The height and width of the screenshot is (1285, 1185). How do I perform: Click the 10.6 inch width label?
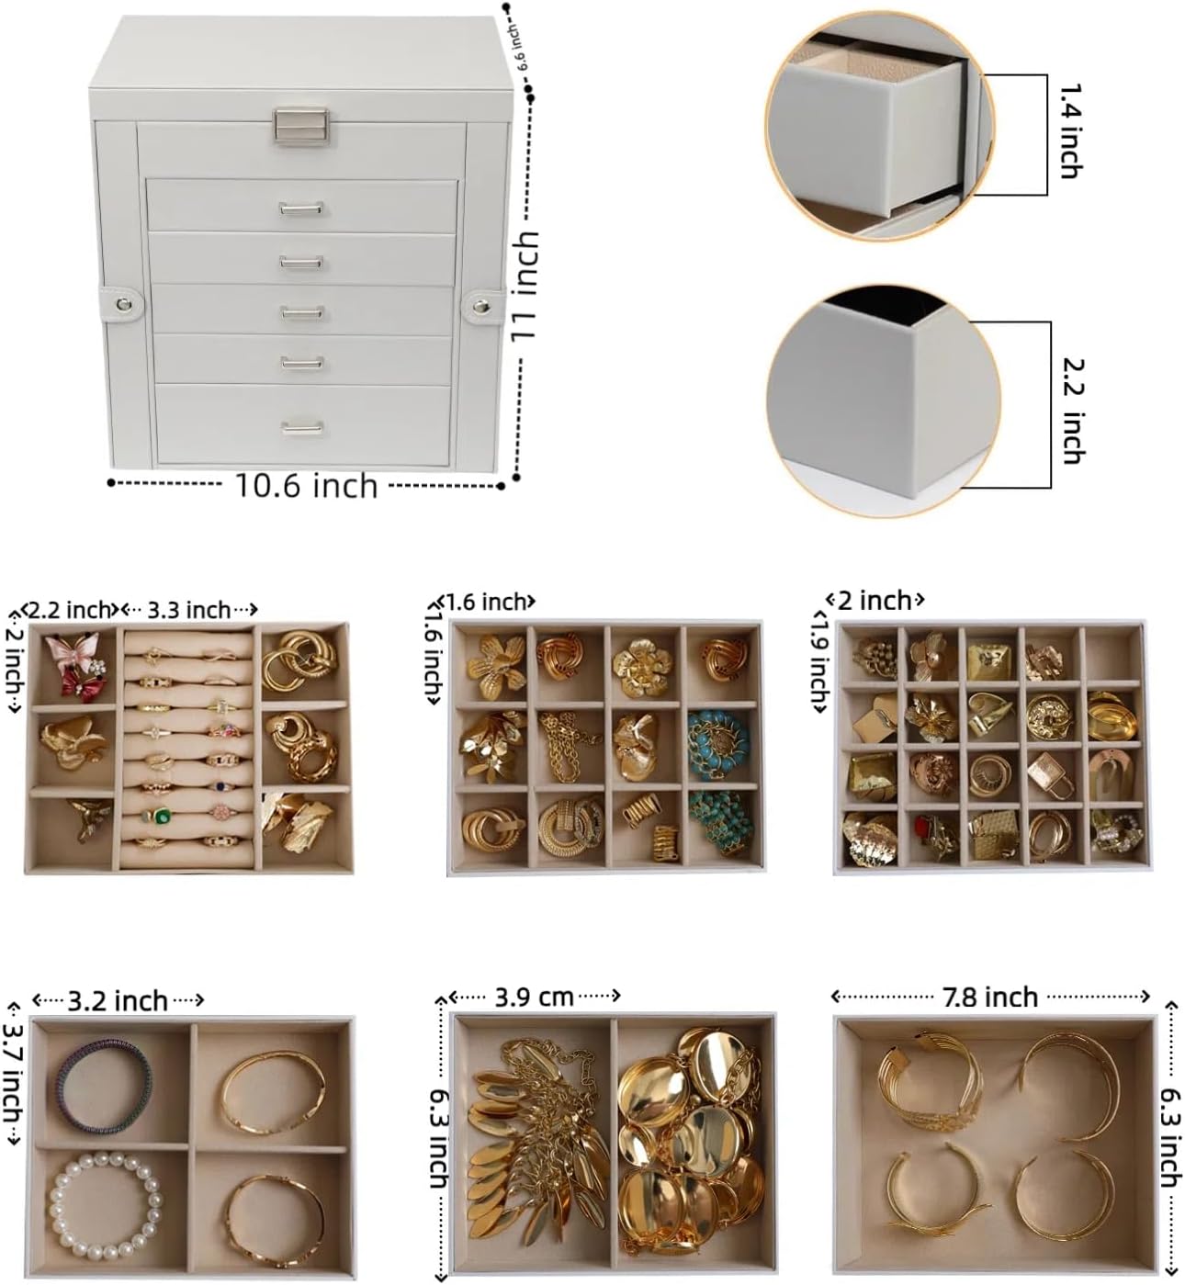[306, 486]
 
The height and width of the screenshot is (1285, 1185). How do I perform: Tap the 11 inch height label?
[525, 286]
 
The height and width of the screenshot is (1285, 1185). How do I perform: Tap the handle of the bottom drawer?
[302, 427]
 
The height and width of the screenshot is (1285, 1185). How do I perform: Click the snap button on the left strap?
[123, 303]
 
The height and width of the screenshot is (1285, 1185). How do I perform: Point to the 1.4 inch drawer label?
[1070, 130]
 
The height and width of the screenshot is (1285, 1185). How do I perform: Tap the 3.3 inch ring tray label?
[189, 610]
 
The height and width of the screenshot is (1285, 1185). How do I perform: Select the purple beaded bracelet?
[102, 1087]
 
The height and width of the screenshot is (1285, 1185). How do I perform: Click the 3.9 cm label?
[534, 998]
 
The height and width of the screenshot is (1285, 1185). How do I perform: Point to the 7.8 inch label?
[989, 998]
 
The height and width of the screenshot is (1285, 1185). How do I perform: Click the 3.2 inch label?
[118, 1001]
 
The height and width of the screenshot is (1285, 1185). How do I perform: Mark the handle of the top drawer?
[301, 209]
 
